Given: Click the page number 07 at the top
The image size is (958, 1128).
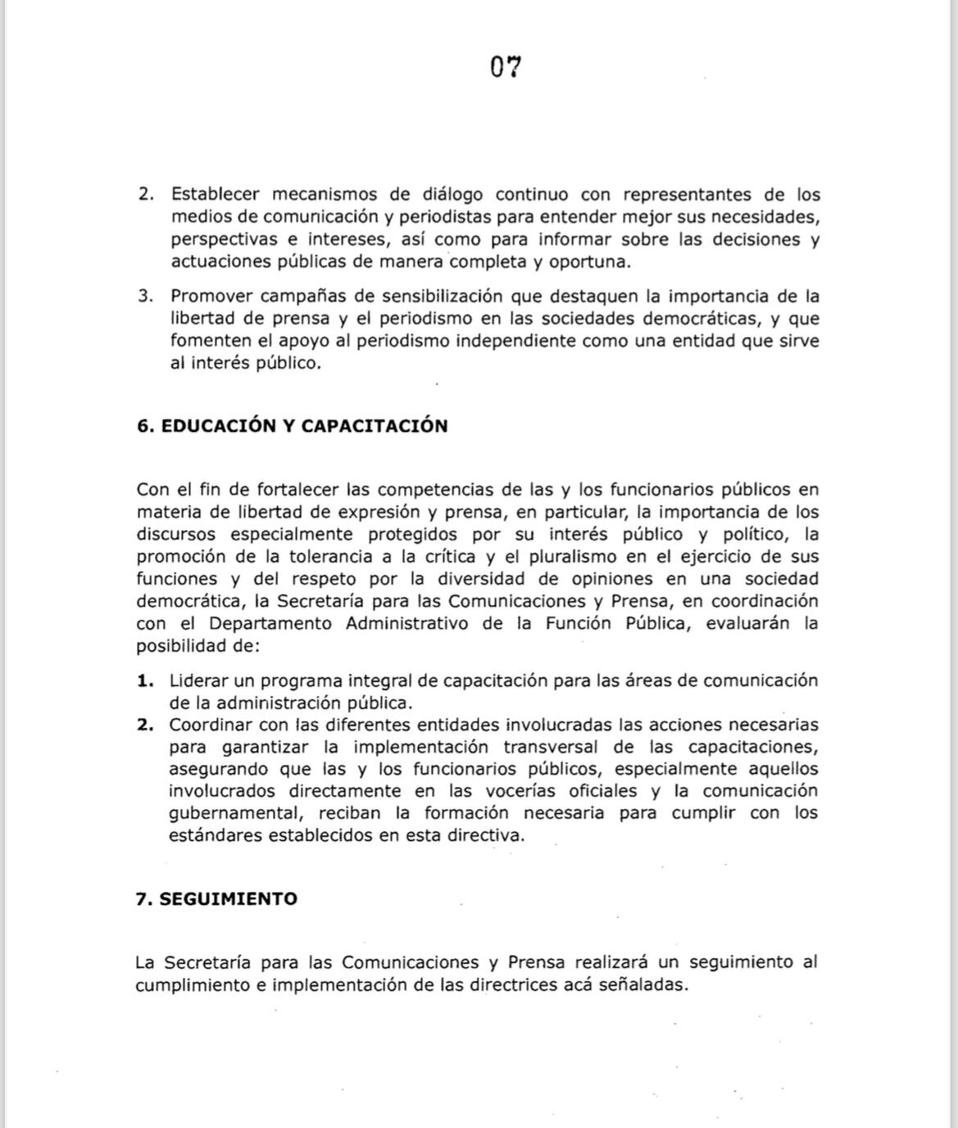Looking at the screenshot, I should coord(506,66).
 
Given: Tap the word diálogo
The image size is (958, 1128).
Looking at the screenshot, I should coord(452,195).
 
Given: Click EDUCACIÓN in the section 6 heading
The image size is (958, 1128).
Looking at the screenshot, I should coord(215,426).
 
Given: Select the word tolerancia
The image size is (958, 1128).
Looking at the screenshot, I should coord(328,557).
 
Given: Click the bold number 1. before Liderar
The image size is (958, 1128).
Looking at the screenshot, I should coord(146,680).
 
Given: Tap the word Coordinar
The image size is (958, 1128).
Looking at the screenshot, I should coord(211,725).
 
